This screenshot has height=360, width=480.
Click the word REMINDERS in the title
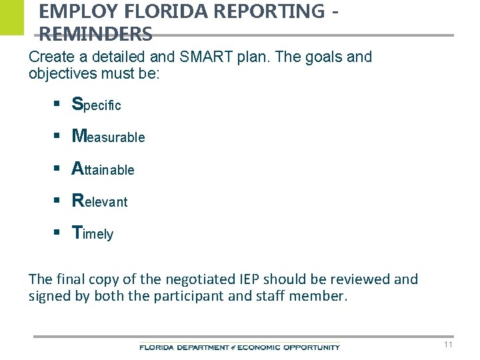point(95,33)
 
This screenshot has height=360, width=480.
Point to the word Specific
point(96,105)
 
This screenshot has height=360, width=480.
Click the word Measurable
point(108,137)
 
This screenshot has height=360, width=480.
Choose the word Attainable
point(103,169)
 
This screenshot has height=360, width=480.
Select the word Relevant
point(99,201)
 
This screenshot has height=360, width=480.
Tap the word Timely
point(93,233)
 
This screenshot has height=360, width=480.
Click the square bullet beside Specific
point(58,104)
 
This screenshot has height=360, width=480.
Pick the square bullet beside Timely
point(58,233)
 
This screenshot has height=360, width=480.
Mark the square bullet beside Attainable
point(58,169)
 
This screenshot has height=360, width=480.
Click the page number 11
point(448,345)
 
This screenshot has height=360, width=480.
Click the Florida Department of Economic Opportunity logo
point(239,347)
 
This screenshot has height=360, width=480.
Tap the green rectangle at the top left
point(11,17)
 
